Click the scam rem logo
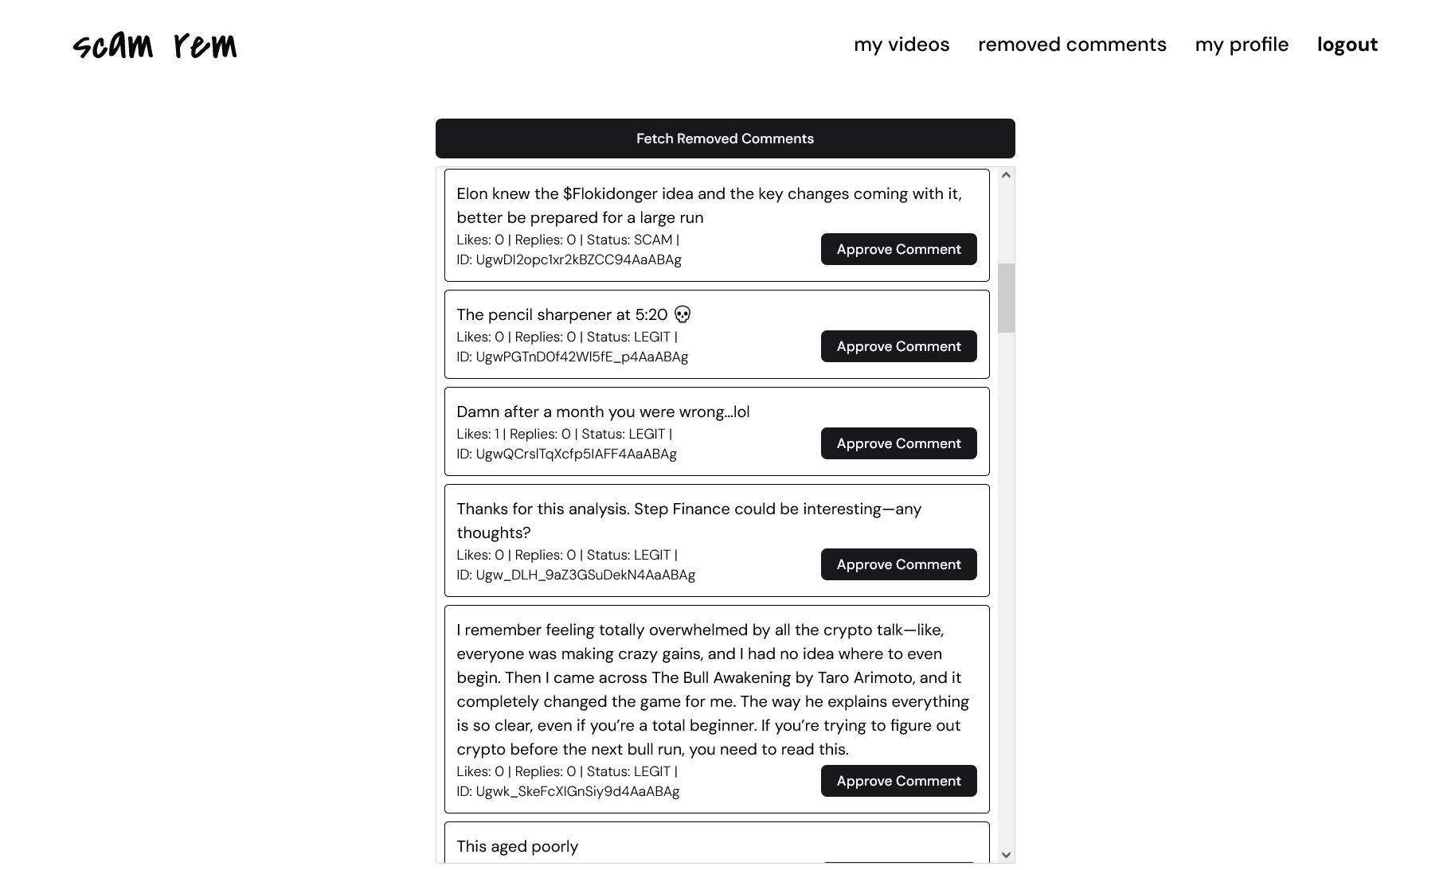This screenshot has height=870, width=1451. pyautogui.click(x=155, y=45)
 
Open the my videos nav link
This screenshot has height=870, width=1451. pyautogui.click(x=901, y=45)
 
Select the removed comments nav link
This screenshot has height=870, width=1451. pyautogui.click(x=1072, y=45)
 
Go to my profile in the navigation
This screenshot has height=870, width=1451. pyautogui.click(x=1242, y=45)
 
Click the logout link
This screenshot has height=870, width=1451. pyautogui.click(x=1347, y=45)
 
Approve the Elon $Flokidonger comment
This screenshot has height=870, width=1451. pyautogui.click(x=898, y=249)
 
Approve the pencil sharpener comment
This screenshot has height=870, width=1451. pyautogui.click(x=898, y=346)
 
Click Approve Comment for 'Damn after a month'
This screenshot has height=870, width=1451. pyautogui.click(x=898, y=443)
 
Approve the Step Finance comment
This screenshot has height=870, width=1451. pyautogui.click(x=898, y=564)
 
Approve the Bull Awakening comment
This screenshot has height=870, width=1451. pyautogui.click(x=898, y=781)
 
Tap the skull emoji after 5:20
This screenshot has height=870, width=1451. pyautogui.click(x=682, y=314)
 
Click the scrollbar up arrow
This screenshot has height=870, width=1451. pyautogui.click(x=1006, y=175)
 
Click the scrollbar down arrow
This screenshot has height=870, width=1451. pyautogui.click(x=1006, y=855)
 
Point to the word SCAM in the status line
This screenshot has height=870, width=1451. pyautogui.click(x=653, y=240)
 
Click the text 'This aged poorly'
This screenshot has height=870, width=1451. pyautogui.click(x=518, y=846)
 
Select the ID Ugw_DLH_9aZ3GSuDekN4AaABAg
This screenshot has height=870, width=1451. pyautogui.click(x=585, y=575)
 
